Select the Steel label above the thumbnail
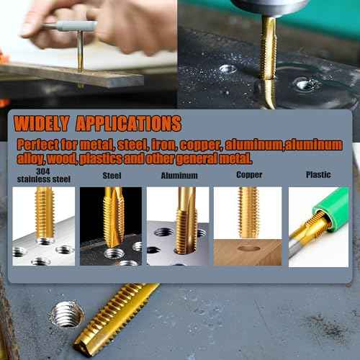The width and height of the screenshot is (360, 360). (112, 175)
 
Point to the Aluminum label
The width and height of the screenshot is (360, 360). (178, 175)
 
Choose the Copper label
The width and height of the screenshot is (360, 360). (249, 174)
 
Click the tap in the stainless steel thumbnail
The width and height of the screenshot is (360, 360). (45, 208)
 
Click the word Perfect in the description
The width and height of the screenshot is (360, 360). (39, 143)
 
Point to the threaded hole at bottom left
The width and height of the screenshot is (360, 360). (67, 314)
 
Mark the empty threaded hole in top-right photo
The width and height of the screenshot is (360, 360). (228, 69)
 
